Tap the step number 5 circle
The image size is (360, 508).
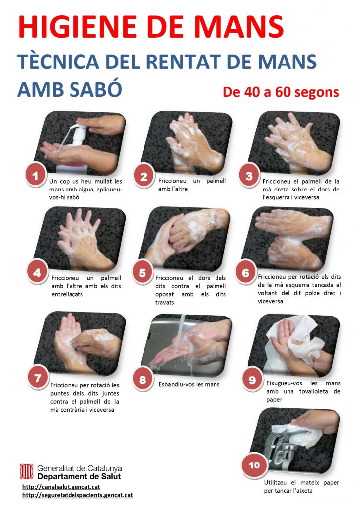(x=143, y=273)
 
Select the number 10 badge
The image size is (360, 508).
(x=254, y=465)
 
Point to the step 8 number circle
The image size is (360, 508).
(x=143, y=380)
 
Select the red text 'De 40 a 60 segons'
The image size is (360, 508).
(x=281, y=92)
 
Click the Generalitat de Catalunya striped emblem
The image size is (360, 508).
(x=27, y=471)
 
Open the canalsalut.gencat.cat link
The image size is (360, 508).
(x=61, y=487)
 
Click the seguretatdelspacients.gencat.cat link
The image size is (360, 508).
(x=77, y=495)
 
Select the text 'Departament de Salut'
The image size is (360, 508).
(x=79, y=476)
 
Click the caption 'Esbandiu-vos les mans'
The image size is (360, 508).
(x=189, y=384)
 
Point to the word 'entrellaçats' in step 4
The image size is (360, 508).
(x=67, y=294)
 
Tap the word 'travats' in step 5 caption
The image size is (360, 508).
(x=165, y=302)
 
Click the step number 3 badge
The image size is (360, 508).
(x=249, y=176)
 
